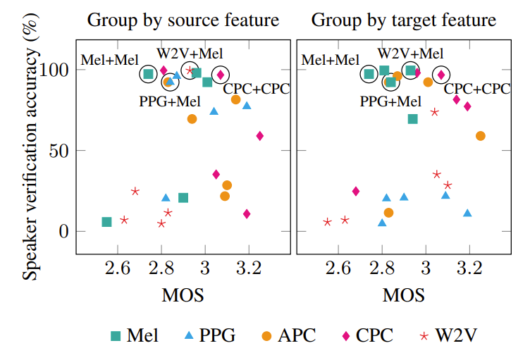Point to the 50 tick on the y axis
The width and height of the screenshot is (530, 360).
click(x=61, y=151)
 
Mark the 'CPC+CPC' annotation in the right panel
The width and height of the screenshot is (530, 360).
click(x=476, y=89)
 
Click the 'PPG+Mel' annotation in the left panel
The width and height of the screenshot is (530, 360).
click(x=170, y=101)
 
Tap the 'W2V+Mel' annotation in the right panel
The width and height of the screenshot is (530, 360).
click(x=410, y=54)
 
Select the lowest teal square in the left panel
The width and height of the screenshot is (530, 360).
click(x=106, y=222)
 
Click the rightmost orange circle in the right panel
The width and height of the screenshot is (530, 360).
click(x=481, y=136)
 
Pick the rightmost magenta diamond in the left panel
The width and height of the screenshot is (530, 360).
click(x=259, y=136)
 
